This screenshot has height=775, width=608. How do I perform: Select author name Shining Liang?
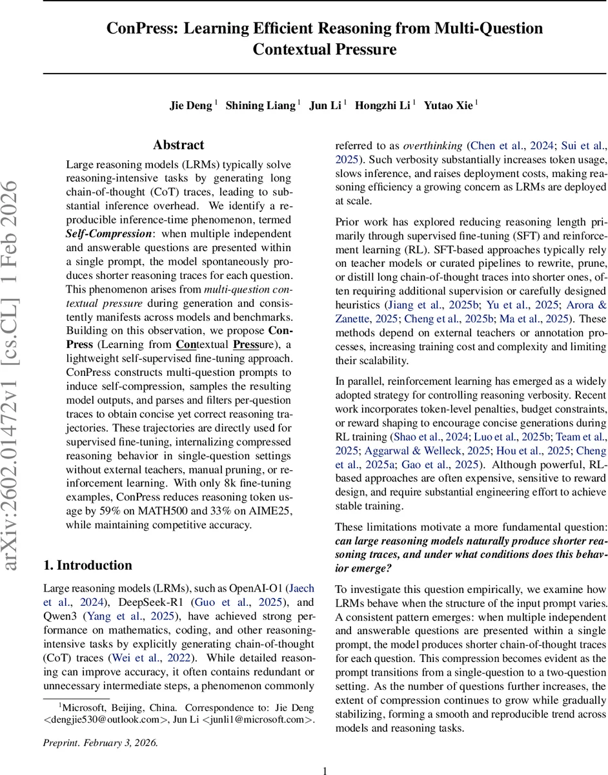click(x=261, y=106)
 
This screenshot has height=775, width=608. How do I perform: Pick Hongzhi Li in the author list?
click(x=383, y=106)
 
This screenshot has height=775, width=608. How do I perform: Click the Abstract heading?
click(x=178, y=145)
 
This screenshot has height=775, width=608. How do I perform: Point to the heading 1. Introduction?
click(x=87, y=565)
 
